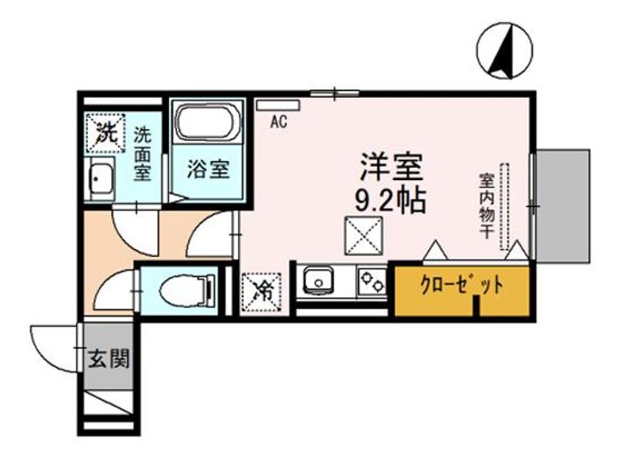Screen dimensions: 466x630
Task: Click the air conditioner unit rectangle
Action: pyautogui.click(x=278, y=105)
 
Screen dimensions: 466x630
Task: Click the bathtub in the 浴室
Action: pyautogui.click(x=210, y=125)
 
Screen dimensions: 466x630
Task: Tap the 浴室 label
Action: pyautogui.click(x=210, y=168)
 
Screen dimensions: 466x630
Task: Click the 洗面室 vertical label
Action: pyautogui.click(x=143, y=152)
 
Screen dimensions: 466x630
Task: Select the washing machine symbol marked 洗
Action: pyautogui.click(x=105, y=134)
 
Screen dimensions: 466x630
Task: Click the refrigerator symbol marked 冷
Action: pyautogui.click(x=261, y=288)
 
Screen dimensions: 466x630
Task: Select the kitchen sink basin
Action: pyautogui.click(x=316, y=282)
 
